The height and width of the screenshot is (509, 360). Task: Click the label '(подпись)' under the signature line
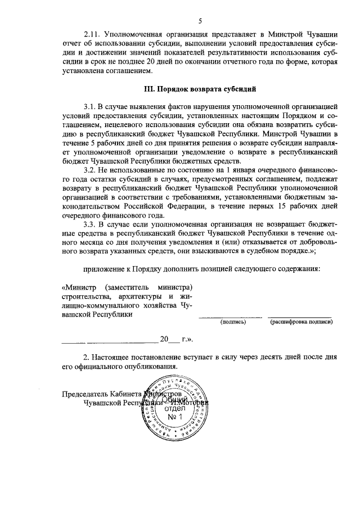(x=231, y=323)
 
